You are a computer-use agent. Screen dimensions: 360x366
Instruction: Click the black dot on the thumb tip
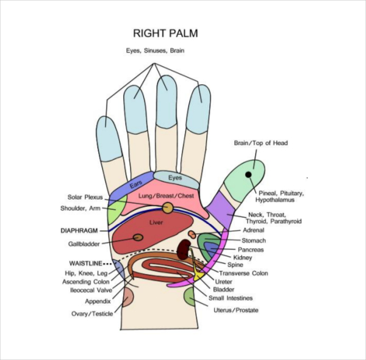pyautogui.click(x=249, y=175)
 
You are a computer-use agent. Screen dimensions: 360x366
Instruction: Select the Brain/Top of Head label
pyautogui.click(x=260, y=143)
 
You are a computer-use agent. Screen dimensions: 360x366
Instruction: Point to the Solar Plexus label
pyautogui.click(x=85, y=197)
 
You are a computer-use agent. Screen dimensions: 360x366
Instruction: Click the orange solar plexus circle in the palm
pyautogui.click(x=167, y=208)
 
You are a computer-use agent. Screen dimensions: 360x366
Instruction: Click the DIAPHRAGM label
pyautogui.click(x=80, y=231)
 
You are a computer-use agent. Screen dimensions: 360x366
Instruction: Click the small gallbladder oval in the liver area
pyautogui.click(x=138, y=237)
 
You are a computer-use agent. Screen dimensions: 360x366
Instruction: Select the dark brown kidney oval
pyautogui.click(x=182, y=248)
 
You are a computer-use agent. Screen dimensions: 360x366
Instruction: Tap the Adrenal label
pyautogui.click(x=253, y=231)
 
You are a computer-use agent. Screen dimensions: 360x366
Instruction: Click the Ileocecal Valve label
pyautogui.click(x=90, y=290)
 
